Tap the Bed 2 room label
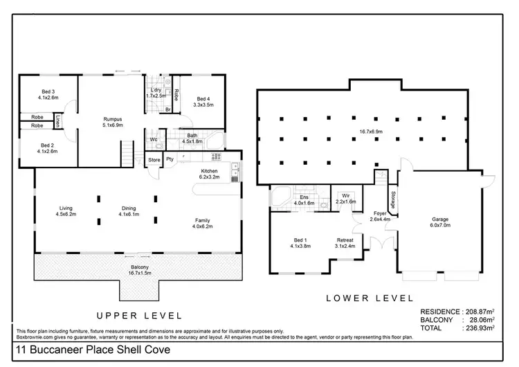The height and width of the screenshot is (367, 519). click(x=48, y=144)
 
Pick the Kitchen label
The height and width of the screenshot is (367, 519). click(x=210, y=171)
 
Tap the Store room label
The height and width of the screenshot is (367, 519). click(x=154, y=160)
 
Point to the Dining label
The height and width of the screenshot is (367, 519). click(x=129, y=208)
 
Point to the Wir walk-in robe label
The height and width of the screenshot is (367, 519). click(x=345, y=197)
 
